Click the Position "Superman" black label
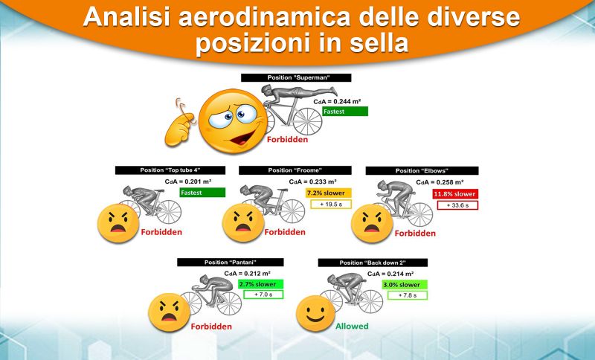click(296, 77)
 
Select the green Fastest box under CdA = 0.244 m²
click(345, 111)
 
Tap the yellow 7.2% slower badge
click(328, 193)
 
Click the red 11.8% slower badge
click(455, 194)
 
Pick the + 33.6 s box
click(457, 205)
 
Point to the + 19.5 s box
click(331, 204)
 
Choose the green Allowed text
click(352, 327)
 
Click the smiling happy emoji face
click(315, 314)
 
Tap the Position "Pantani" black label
click(231, 262)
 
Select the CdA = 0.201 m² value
click(188, 181)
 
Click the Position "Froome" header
click(295, 170)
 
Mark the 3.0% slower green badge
click(405, 285)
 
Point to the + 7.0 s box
click(263, 295)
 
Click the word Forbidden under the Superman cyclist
click(287, 140)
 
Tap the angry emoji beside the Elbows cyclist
click(372, 224)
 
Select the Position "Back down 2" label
click(373, 263)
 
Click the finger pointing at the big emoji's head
click(180, 123)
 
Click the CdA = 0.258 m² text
click(440, 182)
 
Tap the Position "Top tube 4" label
click(170, 170)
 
